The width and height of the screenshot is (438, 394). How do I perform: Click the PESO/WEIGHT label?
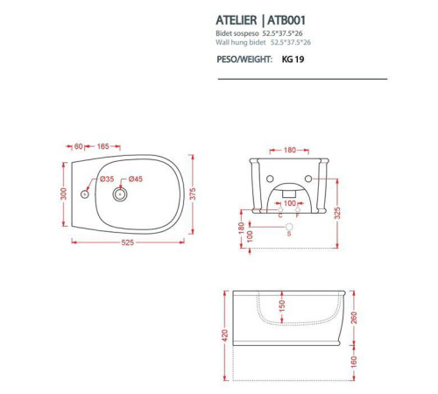[242, 61]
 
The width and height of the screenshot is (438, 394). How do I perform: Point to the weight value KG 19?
[293, 61]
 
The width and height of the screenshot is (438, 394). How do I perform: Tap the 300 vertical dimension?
[63, 193]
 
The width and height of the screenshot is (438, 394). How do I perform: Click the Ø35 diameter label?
[106, 180]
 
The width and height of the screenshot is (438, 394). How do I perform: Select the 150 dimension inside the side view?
[282, 306]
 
